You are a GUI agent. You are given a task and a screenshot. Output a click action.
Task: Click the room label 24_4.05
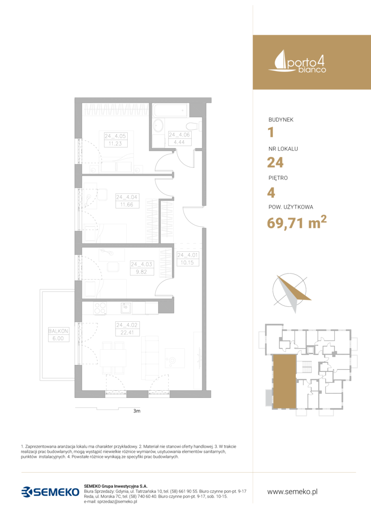click(x=115, y=136)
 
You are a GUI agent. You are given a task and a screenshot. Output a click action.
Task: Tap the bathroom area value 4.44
click(x=179, y=142)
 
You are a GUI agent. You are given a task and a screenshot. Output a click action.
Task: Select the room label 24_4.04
click(x=127, y=197)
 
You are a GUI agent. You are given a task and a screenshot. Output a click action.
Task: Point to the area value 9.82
click(x=141, y=272)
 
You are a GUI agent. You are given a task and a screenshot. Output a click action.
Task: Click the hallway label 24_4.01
click(x=187, y=255)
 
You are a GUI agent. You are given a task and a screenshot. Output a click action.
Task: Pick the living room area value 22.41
click(x=127, y=332)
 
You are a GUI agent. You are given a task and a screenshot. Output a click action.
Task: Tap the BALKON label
click(x=58, y=331)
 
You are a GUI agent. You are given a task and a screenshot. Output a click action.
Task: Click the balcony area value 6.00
click(x=58, y=338)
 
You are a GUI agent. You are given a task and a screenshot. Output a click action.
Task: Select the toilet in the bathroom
click(x=192, y=126)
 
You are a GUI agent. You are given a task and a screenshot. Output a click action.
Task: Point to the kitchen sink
click(x=126, y=308)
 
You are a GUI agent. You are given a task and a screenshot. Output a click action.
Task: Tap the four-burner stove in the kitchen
click(x=100, y=308)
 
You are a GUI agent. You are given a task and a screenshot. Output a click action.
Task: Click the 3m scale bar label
click(x=137, y=411)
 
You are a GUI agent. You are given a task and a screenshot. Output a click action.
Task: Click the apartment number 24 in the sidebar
click(x=276, y=163)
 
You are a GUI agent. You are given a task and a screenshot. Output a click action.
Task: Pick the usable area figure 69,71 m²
click(x=297, y=222)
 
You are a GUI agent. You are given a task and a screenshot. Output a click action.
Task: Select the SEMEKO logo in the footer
click(x=51, y=492)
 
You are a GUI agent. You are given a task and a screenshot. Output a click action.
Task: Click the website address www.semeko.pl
click(x=292, y=492)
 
